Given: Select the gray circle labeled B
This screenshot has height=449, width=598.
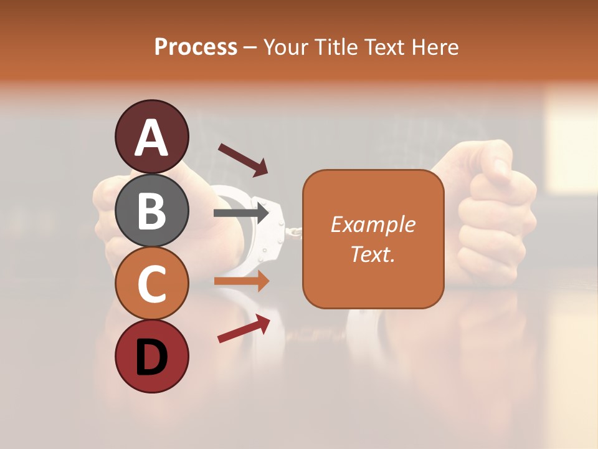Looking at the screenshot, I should pos(151,211).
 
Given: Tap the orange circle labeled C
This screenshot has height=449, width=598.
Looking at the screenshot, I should pos(151,284).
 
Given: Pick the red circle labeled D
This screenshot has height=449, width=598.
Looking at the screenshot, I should pos(151,357).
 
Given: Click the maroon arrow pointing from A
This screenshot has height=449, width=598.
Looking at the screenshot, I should pos(243,159).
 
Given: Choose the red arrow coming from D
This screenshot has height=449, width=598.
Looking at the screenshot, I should pos(244,329).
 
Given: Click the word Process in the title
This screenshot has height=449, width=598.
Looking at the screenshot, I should pos(196,47).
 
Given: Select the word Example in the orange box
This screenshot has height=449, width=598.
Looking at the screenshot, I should pos(373,224).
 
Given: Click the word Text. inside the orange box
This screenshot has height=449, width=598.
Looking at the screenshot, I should pos(373,254).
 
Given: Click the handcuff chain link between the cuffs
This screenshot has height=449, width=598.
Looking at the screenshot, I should pos(293,231).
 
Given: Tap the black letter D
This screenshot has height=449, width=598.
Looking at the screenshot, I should pos(151,358).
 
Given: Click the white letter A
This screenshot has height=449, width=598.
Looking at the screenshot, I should pos(151,138).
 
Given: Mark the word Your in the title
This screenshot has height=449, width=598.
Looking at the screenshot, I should pos(287,47).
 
